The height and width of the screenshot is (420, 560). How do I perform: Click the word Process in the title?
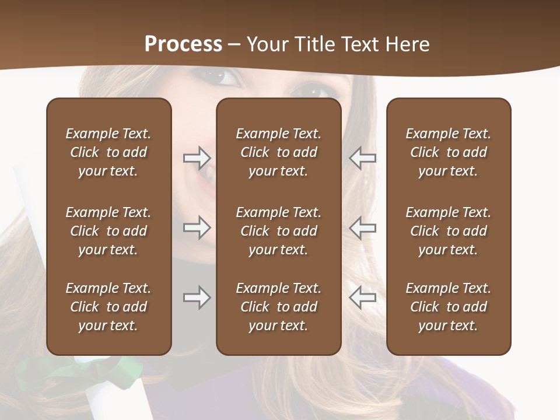point(183,44)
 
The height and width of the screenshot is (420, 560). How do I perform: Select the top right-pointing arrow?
point(197,158)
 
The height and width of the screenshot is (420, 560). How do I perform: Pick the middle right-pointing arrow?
point(197,228)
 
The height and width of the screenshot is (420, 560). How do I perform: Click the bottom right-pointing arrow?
point(197,297)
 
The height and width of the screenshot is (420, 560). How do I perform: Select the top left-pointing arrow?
point(362,158)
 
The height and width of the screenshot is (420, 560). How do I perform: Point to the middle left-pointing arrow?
point(362,228)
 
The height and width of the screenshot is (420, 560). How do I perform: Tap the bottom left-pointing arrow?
point(362,297)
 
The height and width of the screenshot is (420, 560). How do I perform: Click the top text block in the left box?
point(108,152)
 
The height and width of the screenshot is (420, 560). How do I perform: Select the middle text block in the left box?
point(108,231)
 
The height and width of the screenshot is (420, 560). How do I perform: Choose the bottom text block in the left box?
point(108,307)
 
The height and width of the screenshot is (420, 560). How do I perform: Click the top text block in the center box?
point(278,152)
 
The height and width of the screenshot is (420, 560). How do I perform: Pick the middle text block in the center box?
point(278,231)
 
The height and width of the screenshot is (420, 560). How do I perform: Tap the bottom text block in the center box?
point(278,307)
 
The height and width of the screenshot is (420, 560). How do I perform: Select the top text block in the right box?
point(448,152)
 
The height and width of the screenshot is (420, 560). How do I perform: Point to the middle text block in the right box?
point(448,231)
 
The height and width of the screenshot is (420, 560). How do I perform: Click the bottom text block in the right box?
point(448,307)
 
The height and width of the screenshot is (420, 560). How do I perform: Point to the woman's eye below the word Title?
point(316,90)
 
